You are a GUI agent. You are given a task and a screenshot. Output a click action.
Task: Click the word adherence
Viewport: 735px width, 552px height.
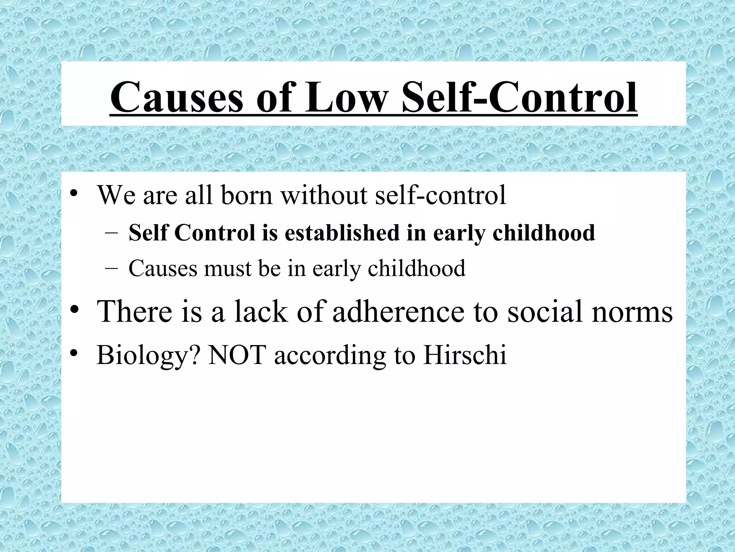pos(398,311)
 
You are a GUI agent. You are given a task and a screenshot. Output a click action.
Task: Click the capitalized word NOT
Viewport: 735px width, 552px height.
pos(237,355)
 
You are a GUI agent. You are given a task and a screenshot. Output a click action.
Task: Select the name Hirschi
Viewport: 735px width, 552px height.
pos(465,355)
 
